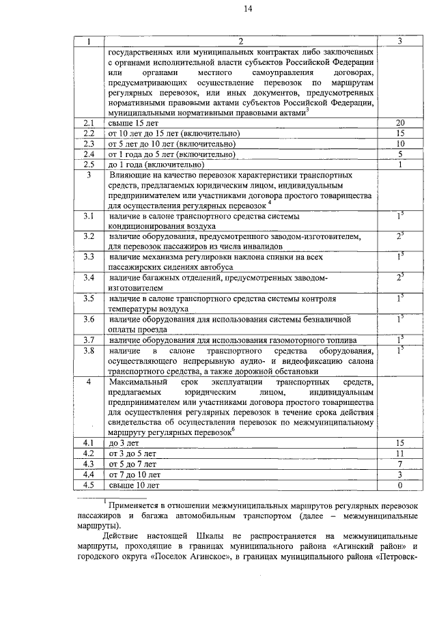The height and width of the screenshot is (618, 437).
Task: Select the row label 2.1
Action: click(x=87, y=122)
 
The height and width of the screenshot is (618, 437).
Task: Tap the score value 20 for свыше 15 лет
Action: click(x=401, y=122)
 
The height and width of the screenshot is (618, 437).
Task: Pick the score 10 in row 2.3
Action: click(x=401, y=144)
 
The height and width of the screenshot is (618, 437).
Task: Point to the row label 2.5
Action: click(x=87, y=165)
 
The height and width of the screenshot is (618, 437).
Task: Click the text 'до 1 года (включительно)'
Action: click(x=156, y=165)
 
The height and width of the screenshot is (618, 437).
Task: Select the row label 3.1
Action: click(x=87, y=216)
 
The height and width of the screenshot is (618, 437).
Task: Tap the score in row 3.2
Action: click(x=401, y=236)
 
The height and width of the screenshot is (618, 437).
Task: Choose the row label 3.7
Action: click(x=87, y=339)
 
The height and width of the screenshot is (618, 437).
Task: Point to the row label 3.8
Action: click(x=87, y=350)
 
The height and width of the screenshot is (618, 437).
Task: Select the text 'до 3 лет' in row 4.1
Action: click(x=124, y=443)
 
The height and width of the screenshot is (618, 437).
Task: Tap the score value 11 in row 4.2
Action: click(x=401, y=453)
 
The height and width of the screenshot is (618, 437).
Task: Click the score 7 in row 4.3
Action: click(x=401, y=464)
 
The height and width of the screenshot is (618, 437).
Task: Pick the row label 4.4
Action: click(x=87, y=475)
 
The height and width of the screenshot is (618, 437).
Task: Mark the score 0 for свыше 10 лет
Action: click(x=401, y=486)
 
